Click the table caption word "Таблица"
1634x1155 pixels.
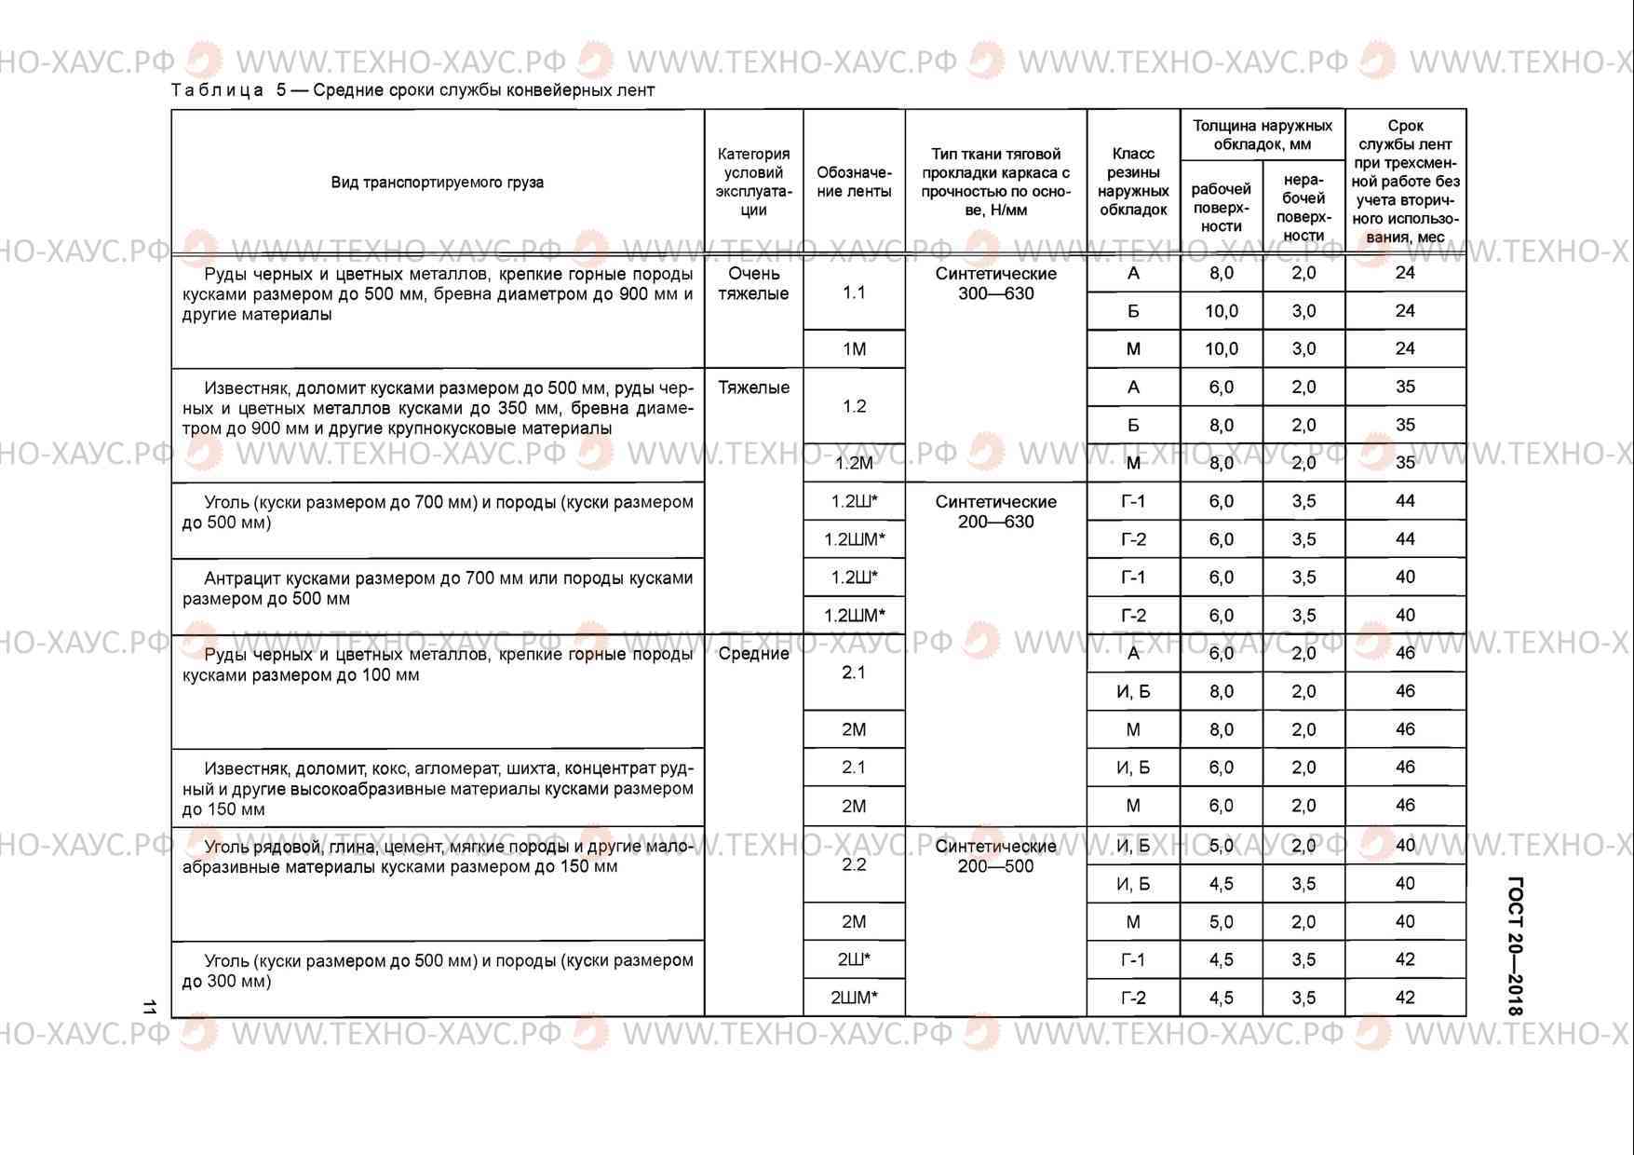218,90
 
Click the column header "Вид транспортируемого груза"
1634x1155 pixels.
437,183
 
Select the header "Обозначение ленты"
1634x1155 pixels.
854,183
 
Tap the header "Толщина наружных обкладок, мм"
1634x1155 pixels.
1262,135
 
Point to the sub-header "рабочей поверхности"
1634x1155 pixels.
1221,208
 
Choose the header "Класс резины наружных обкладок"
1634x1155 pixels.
1133,183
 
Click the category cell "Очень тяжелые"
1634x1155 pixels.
753,284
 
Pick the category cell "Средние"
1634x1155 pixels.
753,654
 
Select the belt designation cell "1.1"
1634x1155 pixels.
854,292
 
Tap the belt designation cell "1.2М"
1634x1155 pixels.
854,463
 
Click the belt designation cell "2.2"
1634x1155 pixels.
854,864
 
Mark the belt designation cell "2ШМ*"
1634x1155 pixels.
854,998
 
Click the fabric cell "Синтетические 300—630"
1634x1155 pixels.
995,284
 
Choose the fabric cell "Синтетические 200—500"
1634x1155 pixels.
995,856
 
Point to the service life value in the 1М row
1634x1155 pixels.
1405,348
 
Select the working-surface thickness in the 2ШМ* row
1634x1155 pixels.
1221,998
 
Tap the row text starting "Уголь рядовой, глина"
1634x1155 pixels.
438,857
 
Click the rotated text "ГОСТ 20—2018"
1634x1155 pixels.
1515,945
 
